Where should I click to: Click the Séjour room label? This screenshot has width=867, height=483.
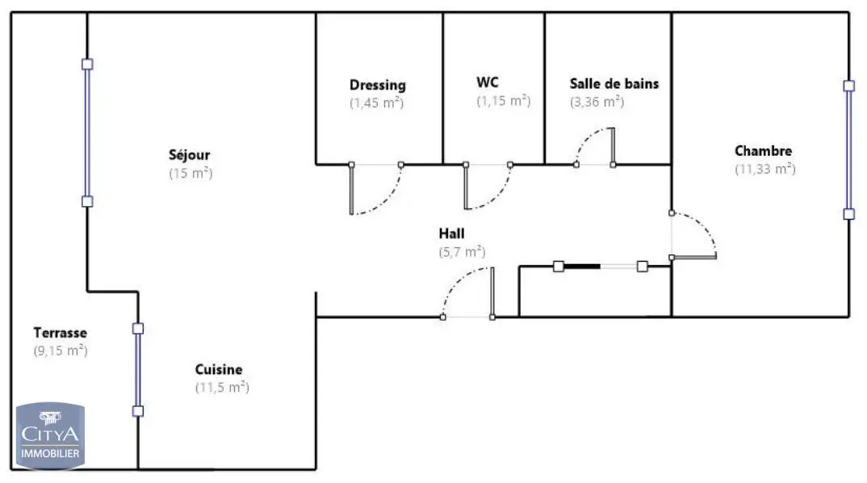point(189,155)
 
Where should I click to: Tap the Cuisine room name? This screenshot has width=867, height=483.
point(219,370)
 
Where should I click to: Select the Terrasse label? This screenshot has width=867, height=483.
point(60,333)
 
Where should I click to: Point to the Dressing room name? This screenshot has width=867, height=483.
point(378,85)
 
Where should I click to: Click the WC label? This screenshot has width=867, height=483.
point(487,82)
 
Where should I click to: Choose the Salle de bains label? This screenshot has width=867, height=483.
point(614,83)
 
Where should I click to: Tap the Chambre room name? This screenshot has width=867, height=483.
point(763,150)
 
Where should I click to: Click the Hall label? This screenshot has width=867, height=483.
point(452,233)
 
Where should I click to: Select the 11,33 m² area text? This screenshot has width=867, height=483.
point(765,169)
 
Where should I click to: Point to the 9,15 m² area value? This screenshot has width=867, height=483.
point(61,351)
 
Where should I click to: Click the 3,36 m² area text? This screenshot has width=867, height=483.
point(597,102)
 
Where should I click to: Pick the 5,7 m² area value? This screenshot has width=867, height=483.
point(463,252)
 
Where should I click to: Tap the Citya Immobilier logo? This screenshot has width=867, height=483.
point(50,435)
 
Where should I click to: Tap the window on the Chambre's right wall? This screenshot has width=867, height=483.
point(848,150)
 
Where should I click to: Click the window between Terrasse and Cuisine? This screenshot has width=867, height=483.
point(138,370)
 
